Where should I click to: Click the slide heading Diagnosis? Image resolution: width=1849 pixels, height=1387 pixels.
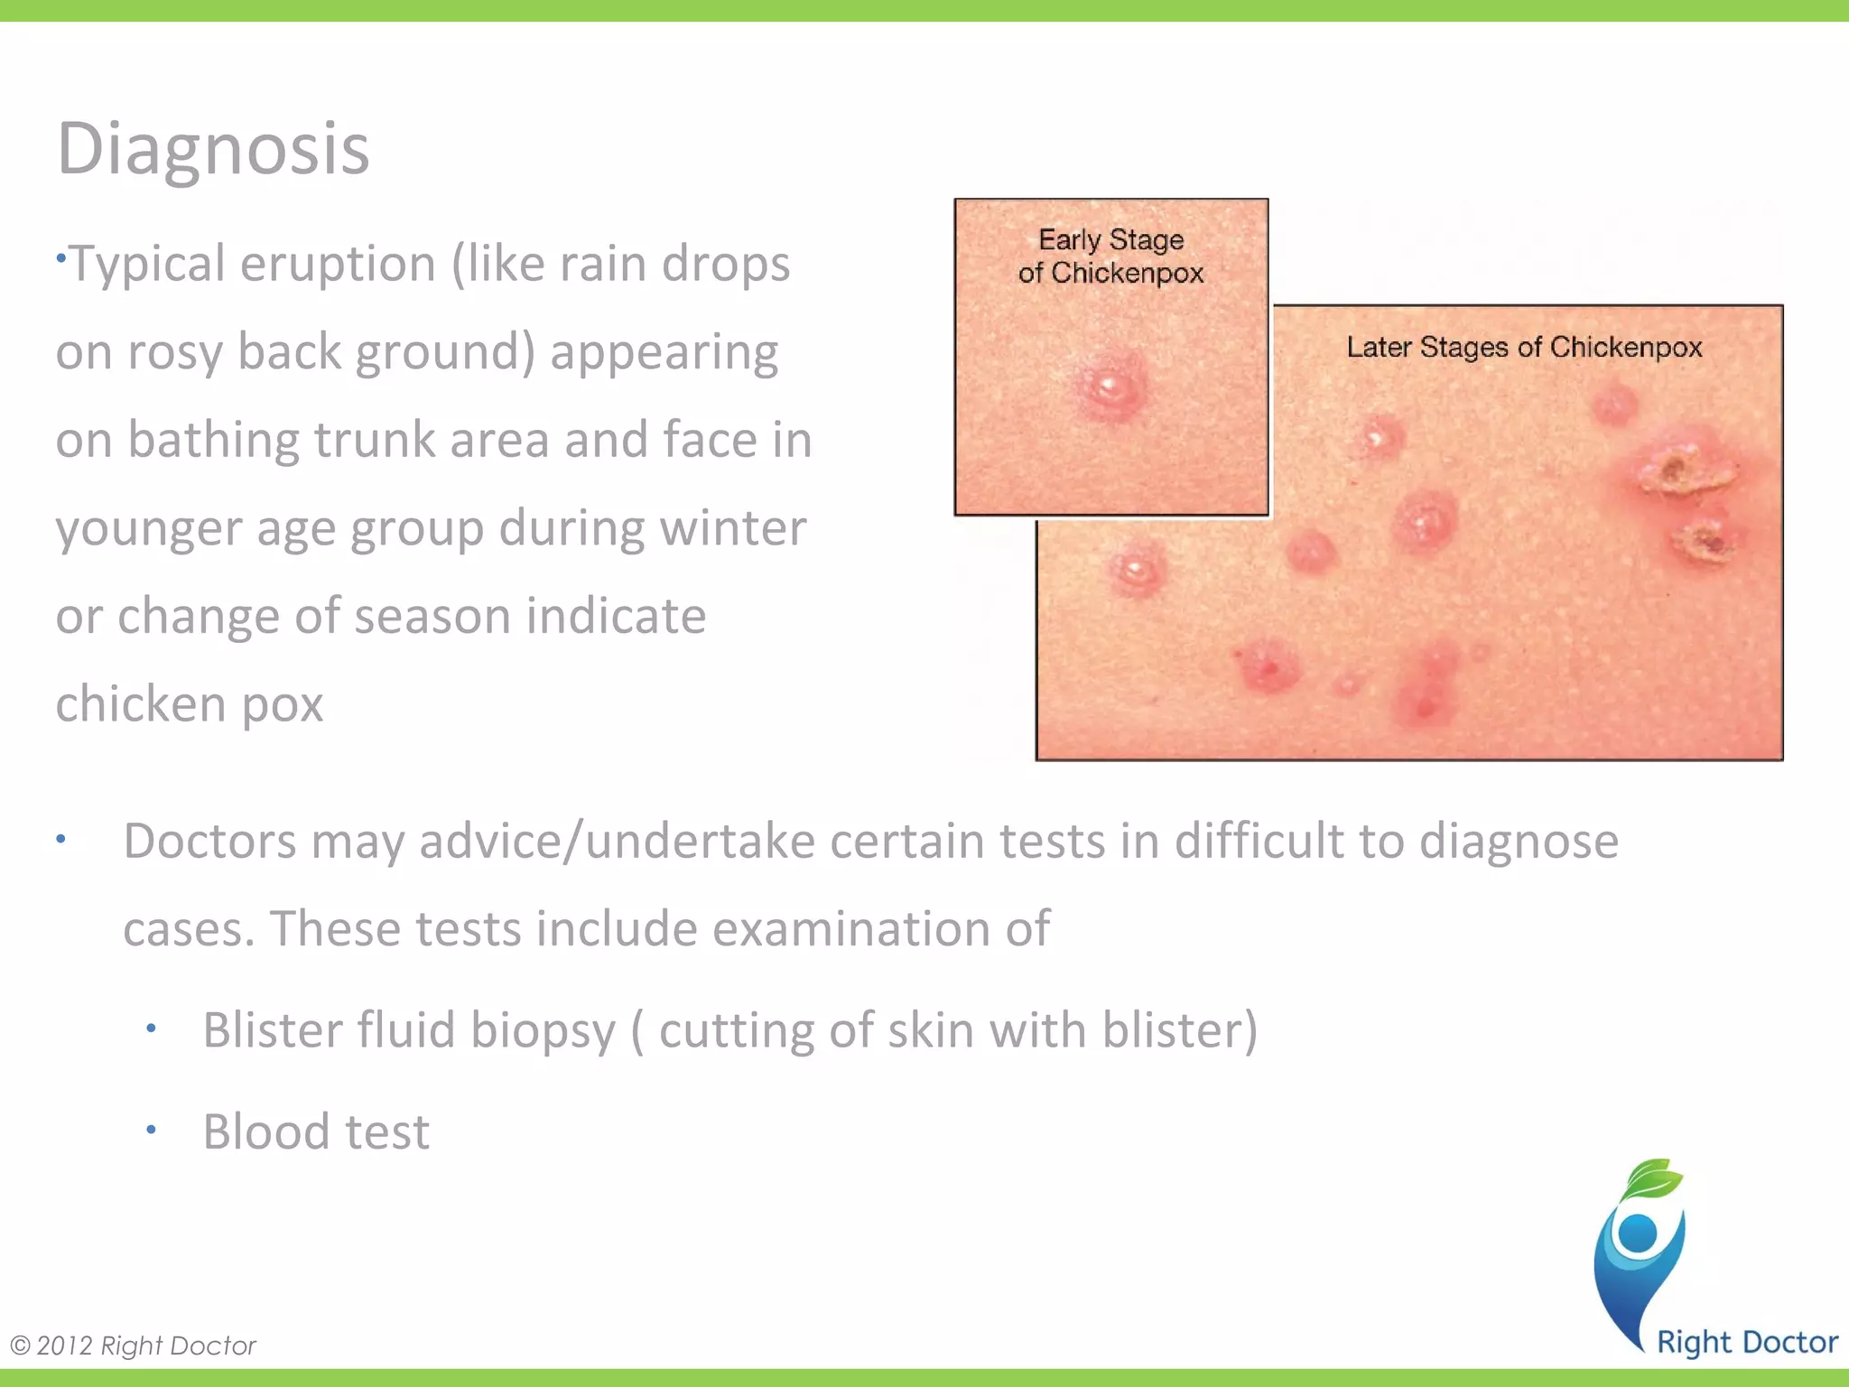pos(213,149)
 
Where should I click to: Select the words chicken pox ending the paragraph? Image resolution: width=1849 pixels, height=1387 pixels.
pos(190,703)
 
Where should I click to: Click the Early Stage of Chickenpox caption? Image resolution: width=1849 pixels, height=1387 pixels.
pos(1110,256)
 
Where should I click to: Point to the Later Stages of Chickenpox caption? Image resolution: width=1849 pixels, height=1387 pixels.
pos(1524,347)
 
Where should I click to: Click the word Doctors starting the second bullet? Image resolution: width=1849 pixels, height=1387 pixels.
pos(209,842)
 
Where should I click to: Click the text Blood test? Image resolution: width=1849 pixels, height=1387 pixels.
pos(316,1132)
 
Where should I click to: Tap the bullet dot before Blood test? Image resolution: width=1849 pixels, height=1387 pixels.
pos(152,1130)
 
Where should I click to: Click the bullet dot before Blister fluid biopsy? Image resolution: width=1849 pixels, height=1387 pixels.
pos(152,1029)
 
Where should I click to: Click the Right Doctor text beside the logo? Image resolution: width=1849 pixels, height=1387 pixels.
pos(1747,1343)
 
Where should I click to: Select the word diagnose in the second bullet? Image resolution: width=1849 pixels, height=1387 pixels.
pos(1519,842)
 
